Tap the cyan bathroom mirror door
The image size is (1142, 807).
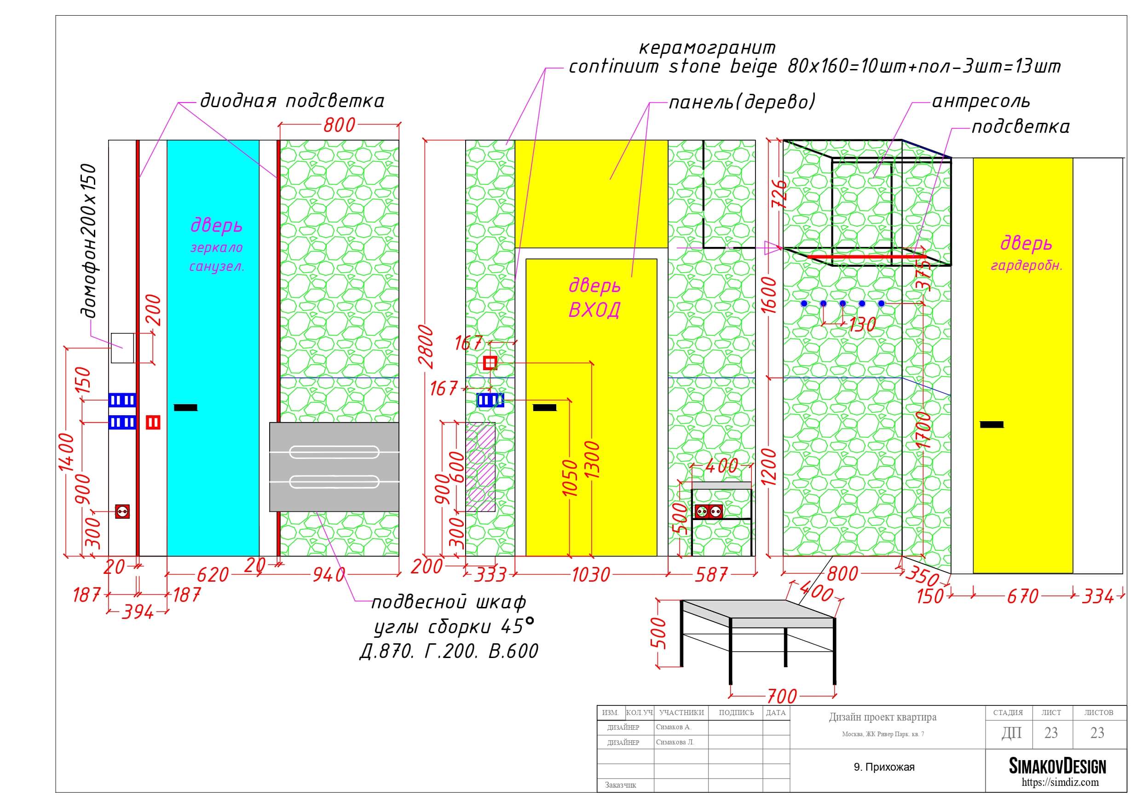(x=213, y=348)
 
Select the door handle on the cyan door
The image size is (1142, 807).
(x=185, y=408)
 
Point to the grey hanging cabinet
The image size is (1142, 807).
(x=334, y=467)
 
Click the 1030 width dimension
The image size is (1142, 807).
(x=591, y=575)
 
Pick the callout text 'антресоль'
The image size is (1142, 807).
(x=981, y=101)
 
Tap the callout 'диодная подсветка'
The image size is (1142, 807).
(x=292, y=101)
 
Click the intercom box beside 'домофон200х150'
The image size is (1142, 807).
(x=122, y=348)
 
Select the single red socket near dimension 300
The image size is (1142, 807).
(x=122, y=511)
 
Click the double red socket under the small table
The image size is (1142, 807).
(x=708, y=511)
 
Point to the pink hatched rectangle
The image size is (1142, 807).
(x=480, y=467)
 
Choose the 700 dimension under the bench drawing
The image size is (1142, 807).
(x=782, y=696)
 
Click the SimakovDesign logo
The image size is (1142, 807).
(x=1057, y=766)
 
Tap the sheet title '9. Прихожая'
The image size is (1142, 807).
(x=884, y=767)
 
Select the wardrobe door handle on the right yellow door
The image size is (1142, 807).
(x=992, y=424)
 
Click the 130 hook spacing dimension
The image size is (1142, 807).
(x=862, y=325)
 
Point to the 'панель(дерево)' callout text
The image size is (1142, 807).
(x=742, y=102)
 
